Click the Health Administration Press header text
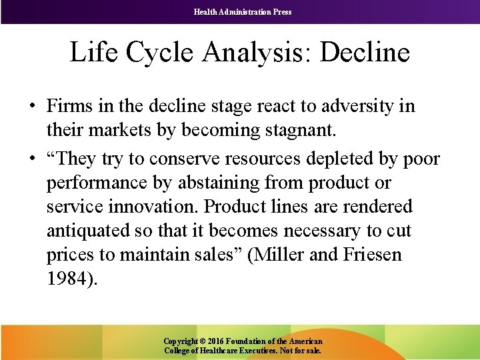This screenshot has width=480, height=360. coord(243,11)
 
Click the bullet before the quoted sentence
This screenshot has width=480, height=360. coord(32,159)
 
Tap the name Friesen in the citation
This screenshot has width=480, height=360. coord(369,255)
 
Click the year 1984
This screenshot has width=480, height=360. coord(71,279)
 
